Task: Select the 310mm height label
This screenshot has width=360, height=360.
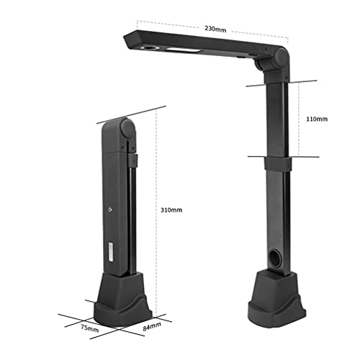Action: point(171,210)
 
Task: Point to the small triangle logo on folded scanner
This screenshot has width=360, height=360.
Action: point(109,207)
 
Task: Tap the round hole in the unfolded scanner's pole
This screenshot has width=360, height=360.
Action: point(276,257)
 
